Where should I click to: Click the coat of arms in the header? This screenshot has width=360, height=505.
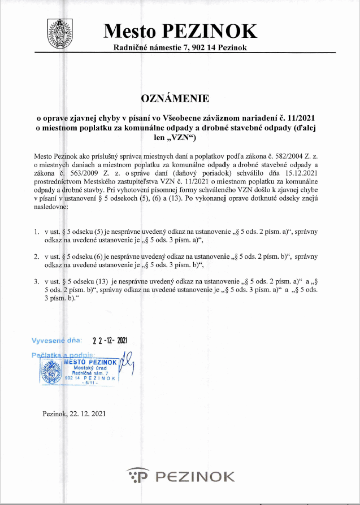(x=60, y=32)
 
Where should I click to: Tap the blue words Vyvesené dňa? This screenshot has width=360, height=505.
(x=57, y=341)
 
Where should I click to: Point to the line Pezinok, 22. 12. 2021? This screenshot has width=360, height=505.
(x=73, y=413)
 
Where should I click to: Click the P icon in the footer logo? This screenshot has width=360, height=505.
(x=138, y=476)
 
